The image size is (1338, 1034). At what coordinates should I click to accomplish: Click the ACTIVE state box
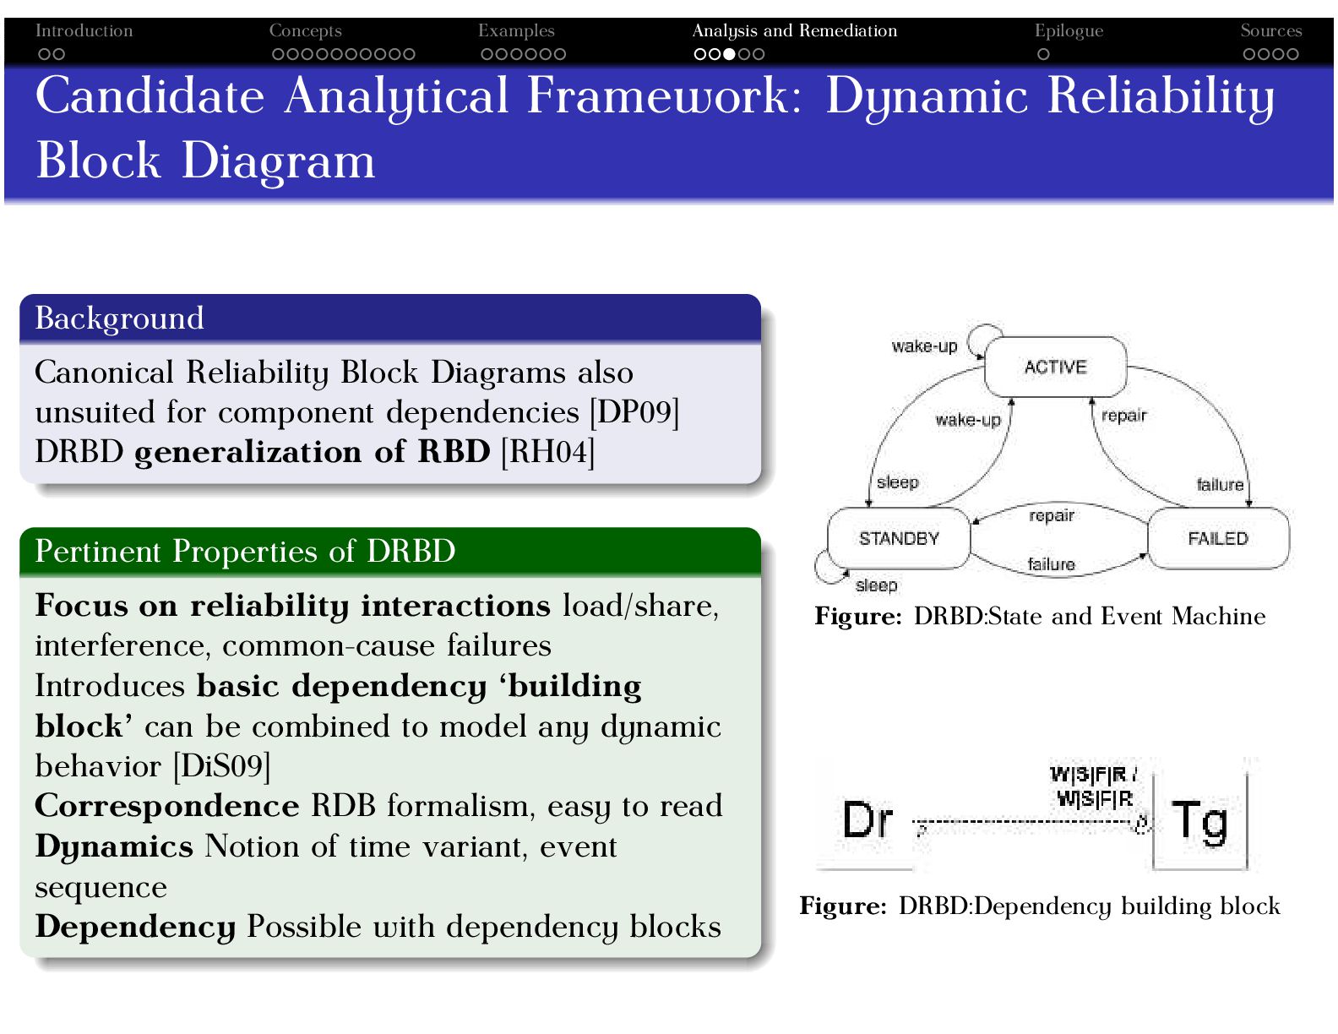pos(1055,367)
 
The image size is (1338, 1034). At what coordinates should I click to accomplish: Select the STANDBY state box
pos(899,538)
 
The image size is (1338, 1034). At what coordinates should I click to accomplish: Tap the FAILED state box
pos(1217,538)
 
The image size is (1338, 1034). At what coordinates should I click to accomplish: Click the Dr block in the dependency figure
pos(868,819)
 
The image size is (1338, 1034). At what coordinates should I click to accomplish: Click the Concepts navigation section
pos(305,31)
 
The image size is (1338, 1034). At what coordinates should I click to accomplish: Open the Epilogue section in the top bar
pos(1069,31)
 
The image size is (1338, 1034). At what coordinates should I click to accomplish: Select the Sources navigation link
pos(1270,31)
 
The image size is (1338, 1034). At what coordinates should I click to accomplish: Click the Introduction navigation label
pos(84,31)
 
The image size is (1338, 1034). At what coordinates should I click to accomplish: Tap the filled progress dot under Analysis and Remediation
pos(729,54)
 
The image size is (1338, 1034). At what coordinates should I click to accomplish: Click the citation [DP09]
pos(634,412)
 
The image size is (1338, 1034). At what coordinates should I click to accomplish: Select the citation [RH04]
pos(547,452)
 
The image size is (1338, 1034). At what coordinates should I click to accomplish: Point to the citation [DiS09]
pos(221,766)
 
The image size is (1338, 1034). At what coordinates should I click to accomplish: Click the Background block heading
pos(119,318)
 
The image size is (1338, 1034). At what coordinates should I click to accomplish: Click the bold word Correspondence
pos(167,806)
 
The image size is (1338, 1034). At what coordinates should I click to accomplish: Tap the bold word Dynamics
pos(114,846)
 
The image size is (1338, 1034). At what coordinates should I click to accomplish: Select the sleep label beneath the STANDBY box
pos(876,585)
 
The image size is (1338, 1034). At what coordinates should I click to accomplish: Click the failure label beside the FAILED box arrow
pos(1220,484)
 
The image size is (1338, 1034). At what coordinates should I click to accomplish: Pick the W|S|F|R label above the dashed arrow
pos(1094,786)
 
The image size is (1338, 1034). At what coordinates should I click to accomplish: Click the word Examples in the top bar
pos(516,31)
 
